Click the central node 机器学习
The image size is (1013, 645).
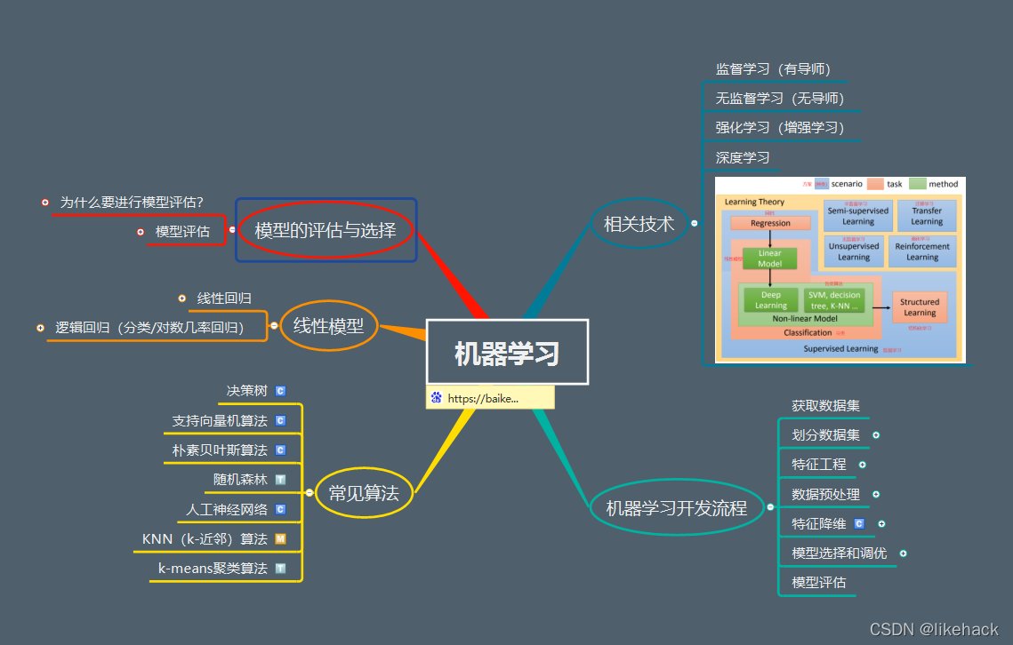click(x=507, y=352)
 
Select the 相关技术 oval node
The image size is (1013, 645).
click(x=639, y=224)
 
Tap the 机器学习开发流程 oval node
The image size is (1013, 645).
click(x=677, y=508)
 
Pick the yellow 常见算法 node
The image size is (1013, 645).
click(x=364, y=492)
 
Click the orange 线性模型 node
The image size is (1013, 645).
click(x=329, y=325)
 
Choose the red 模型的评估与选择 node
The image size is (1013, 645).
click(x=325, y=230)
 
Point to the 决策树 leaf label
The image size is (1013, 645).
click(x=246, y=390)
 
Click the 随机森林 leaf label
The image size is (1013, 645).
click(x=240, y=479)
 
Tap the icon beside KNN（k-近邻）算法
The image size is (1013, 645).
click(x=280, y=538)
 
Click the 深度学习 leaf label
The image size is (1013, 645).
click(x=743, y=157)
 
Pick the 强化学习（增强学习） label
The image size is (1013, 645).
click(x=779, y=127)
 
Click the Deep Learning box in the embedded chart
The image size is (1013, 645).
click(x=770, y=300)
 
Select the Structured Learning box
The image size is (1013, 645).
click(x=919, y=307)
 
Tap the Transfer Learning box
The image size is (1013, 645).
click(x=926, y=216)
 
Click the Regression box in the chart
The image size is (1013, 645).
click(x=770, y=223)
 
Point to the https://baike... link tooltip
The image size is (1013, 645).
click(x=490, y=398)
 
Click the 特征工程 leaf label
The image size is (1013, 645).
click(x=819, y=464)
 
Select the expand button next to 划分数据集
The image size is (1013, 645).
click(x=876, y=435)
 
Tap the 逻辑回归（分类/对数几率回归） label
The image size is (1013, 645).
click(x=149, y=327)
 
